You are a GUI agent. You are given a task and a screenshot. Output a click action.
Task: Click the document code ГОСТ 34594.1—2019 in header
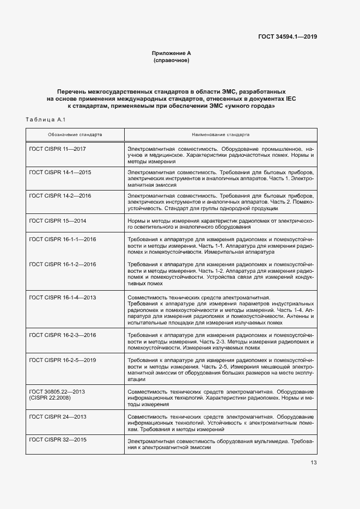(288, 36)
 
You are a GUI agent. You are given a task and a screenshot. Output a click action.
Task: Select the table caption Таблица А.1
(46, 120)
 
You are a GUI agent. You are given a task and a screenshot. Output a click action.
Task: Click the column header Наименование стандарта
(221, 134)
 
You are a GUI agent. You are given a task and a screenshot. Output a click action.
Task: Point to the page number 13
(313, 463)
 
